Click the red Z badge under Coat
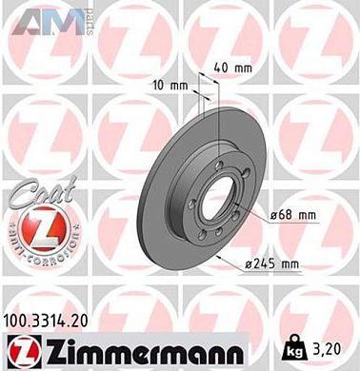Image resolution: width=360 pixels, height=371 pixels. pos(36,232)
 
